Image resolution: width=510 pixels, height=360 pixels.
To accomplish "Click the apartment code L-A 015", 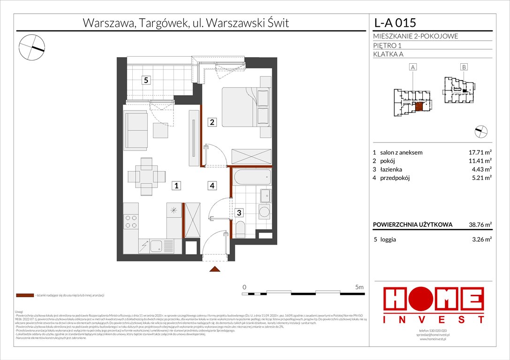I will pos(395,22).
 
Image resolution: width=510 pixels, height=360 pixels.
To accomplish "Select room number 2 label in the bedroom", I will pos(212,122).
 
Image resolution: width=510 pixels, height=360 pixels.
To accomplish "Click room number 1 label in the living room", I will pos(176,186).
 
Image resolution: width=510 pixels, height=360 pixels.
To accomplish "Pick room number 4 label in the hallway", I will pos(212,186).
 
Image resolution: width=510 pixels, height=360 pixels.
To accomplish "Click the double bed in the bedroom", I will pos(246,107).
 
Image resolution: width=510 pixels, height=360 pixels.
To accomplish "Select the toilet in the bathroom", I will pos(240,230).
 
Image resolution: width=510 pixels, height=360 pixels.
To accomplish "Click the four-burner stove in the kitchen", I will pos(131,221).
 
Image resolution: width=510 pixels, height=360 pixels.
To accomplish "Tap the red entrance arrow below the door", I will pos(215,269).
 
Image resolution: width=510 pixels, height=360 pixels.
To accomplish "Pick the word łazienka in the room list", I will pos(391,169).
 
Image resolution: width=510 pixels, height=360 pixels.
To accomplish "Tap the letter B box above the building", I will pos(464,67).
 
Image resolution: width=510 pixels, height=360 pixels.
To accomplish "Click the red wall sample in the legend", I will pos(25,296).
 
